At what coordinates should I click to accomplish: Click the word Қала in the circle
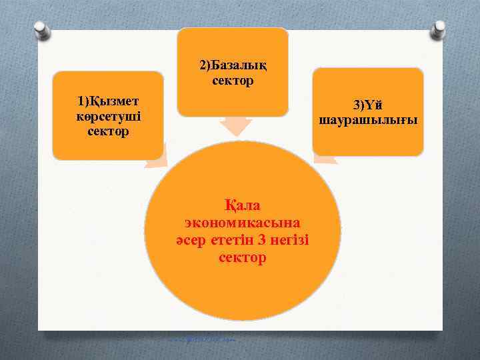242,204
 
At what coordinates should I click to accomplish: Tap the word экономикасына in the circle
242,221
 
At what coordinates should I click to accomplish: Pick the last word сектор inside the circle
242,257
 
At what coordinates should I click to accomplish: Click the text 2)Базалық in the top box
233,65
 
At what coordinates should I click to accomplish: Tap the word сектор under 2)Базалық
233,81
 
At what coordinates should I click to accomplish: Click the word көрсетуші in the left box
107,116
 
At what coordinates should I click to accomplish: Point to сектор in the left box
107,131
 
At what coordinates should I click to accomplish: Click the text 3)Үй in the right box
368,105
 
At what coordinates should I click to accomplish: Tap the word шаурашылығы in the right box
368,121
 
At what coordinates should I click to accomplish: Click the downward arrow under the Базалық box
235,126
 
